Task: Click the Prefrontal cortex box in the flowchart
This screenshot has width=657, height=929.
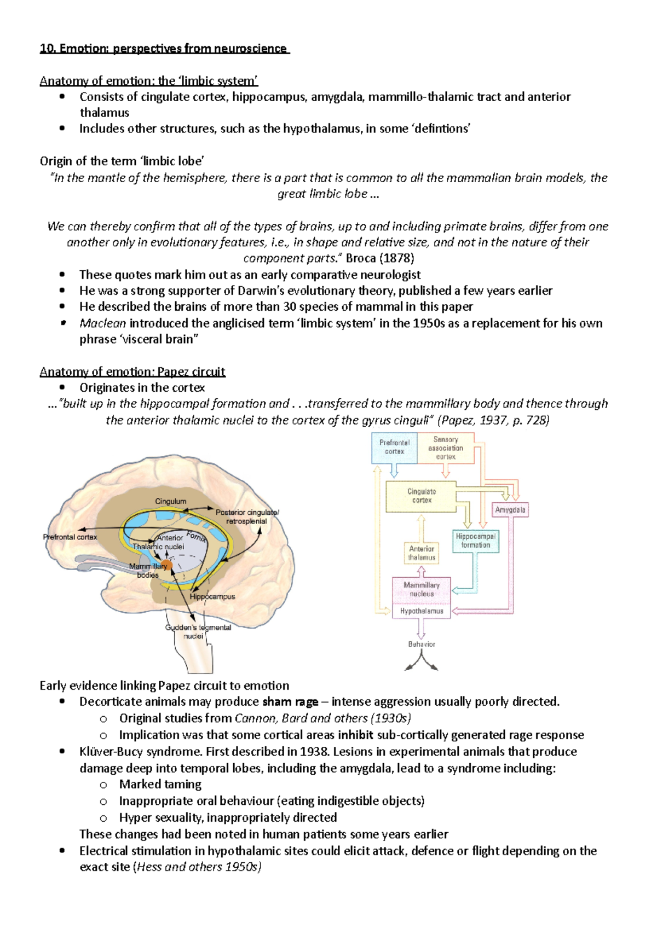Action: click(394, 447)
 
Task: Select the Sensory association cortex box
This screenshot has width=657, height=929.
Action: click(446, 448)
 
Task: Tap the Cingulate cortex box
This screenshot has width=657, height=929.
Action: click(421, 496)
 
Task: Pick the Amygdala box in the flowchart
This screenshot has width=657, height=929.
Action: click(510, 510)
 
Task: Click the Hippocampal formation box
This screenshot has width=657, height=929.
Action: click(475, 541)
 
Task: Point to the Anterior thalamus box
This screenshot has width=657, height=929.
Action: click(422, 553)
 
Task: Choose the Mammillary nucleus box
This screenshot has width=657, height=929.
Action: click(422, 589)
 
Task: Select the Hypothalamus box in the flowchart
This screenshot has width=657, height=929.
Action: click(422, 611)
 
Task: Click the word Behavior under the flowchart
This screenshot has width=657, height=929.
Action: click(422, 644)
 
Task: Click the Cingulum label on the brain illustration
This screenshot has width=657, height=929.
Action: click(170, 501)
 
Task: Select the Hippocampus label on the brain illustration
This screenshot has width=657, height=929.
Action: click(212, 596)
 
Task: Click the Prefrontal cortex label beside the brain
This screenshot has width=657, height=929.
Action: click(70, 537)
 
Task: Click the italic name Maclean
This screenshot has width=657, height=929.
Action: click(102, 323)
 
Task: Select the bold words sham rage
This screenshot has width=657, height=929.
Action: click(290, 702)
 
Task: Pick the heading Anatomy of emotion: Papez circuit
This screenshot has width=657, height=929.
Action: click(132, 372)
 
